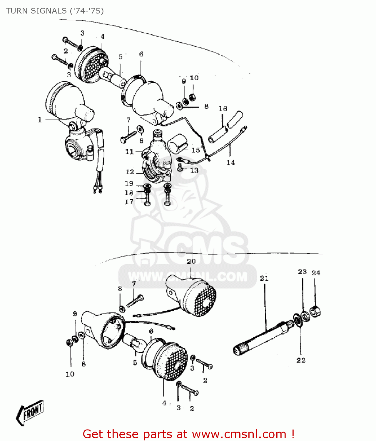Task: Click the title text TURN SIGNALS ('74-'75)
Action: pyautogui.click(x=55, y=11)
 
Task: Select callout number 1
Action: pyautogui.click(x=40, y=120)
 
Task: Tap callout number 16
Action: pyautogui.click(x=223, y=109)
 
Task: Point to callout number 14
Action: pyautogui.click(x=231, y=162)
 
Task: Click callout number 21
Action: pyautogui.click(x=264, y=278)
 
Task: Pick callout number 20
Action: pyautogui.click(x=191, y=261)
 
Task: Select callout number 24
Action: pyautogui.click(x=316, y=273)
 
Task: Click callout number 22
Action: pyautogui.click(x=301, y=360)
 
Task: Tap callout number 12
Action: pyautogui.click(x=130, y=172)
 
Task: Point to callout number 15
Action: pyautogui.click(x=195, y=150)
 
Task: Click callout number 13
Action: pyautogui.click(x=194, y=170)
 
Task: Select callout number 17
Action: pyautogui.click(x=129, y=202)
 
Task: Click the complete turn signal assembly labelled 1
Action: pyautogui.click(x=71, y=118)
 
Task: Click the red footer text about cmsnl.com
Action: pyautogui.click(x=188, y=434)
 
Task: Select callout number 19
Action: pyautogui.click(x=129, y=183)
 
